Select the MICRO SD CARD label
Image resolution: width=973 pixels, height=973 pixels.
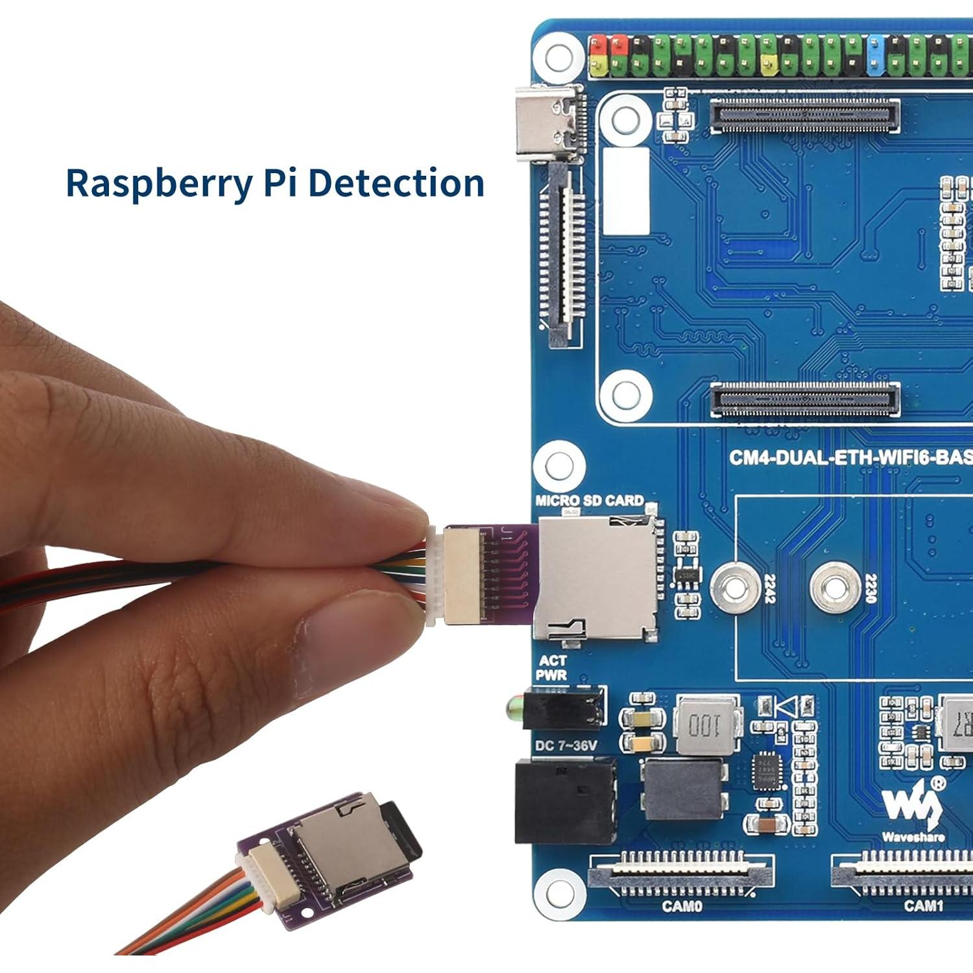[x=589, y=500]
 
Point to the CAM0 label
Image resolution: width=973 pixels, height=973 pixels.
[x=682, y=906]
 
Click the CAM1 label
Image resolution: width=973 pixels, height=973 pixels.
[x=923, y=906]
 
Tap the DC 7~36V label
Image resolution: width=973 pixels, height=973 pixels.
[x=565, y=746]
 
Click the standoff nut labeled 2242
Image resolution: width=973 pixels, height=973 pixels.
[x=734, y=588]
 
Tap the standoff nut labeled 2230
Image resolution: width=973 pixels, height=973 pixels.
[x=836, y=588]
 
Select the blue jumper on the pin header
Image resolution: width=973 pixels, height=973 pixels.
[x=876, y=54]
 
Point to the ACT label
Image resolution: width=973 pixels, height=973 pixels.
[x=553, y=660]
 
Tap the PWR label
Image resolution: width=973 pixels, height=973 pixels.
[x=551, y=675]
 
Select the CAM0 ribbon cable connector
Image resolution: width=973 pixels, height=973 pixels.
[x=681, y=872]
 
